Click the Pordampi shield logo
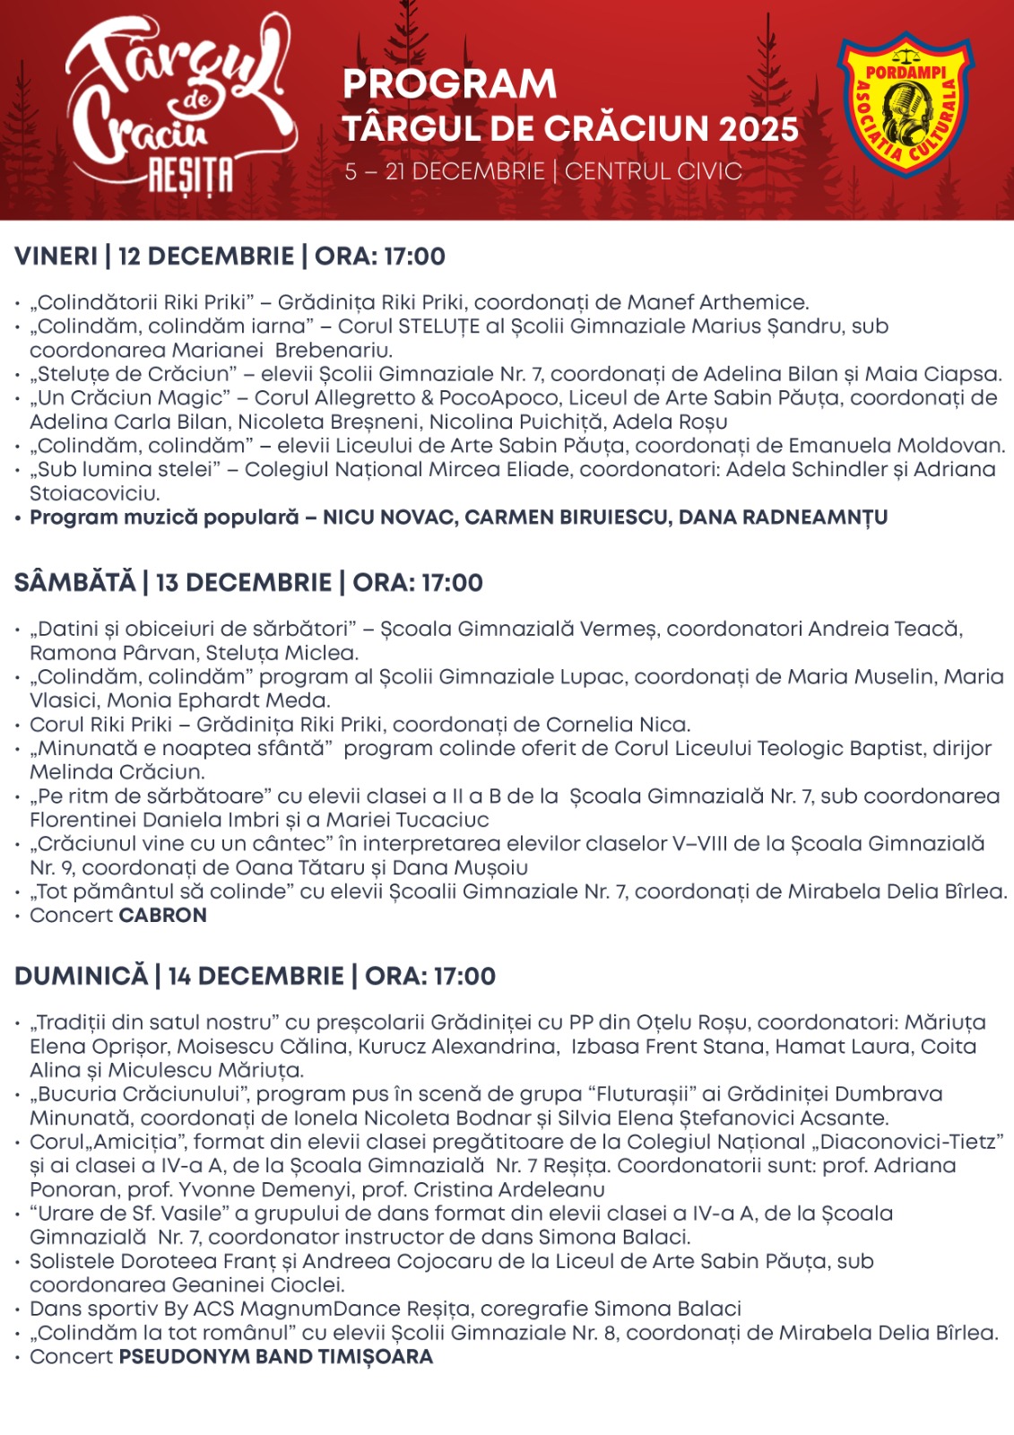tap(905, 106)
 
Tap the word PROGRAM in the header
tap(449, 84)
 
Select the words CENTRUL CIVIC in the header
tap(654, 171)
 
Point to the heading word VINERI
tap(56, 257)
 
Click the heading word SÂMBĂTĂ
tap(74, 583)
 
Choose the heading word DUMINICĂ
tap(81, 977)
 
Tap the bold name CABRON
tap(163, 916)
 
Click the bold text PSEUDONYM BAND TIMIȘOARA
tap(276, 1357)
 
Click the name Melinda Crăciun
tap(117, 772)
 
